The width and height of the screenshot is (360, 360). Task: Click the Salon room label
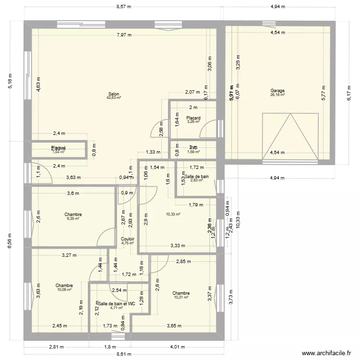[x=114, y=94]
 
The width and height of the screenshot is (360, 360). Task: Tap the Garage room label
[x=277, y=91]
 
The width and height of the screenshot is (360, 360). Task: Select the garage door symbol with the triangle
[x=290, y=136]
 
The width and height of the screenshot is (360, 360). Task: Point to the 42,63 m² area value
[x=114, y=98]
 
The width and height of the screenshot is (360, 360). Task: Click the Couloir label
[x=128, y=239]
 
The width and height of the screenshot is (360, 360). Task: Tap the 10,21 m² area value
[x=181, y=297]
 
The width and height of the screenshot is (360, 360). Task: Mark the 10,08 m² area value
[x=64, y=289]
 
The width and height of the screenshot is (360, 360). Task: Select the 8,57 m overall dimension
[x=124, y=7]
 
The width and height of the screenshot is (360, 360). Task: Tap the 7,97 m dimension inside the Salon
[x=124, y=35]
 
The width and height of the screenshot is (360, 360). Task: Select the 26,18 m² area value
[x=277, y=95]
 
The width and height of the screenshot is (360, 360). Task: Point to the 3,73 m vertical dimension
[x=230, y=297]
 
